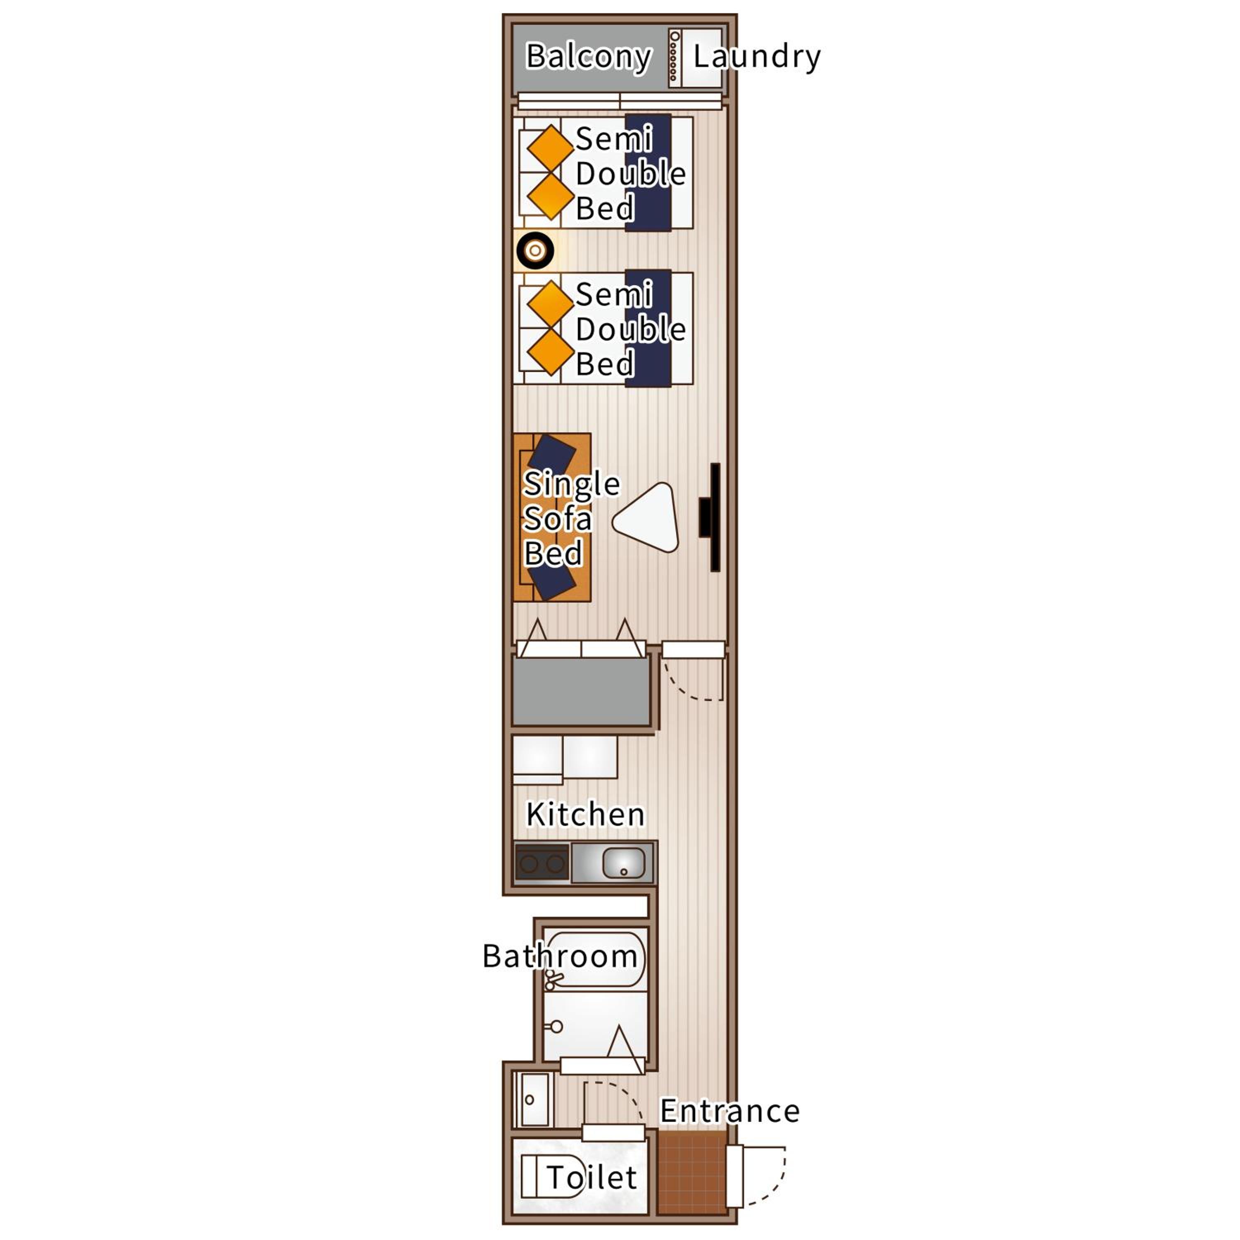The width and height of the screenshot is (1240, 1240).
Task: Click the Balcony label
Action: pos(589,57)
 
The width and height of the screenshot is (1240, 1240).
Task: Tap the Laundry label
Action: pos(757,57)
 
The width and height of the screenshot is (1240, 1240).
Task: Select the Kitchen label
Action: pos(585,814)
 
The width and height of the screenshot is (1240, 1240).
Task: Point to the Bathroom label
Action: pos(560,956)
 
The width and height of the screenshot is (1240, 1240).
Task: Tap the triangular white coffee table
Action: pos(647,518)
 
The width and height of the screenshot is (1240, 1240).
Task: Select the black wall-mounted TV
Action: pos(711,517)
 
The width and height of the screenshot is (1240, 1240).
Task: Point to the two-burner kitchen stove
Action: pos(542,863)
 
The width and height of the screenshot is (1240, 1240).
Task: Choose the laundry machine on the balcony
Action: pos(696,58)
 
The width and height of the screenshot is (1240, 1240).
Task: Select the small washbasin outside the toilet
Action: pos(534,1099)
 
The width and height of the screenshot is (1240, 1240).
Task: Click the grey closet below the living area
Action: pos(582,691)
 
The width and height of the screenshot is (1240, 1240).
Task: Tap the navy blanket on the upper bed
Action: pos(648,173)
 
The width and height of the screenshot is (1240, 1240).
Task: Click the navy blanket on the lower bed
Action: pos(648,328)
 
